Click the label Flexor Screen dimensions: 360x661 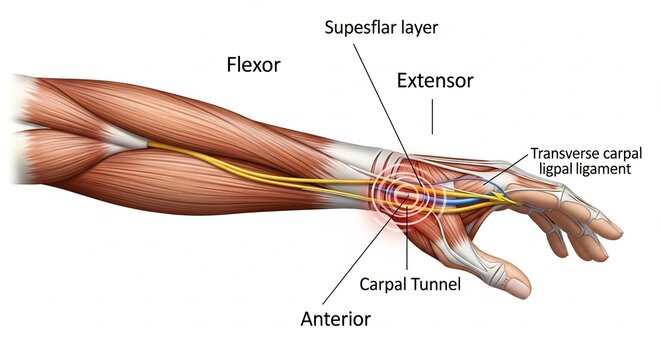[252, 66]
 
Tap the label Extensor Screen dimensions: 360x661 [434, 79]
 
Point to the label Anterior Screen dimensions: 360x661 [336, 319]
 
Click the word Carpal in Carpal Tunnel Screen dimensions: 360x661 [384, 284]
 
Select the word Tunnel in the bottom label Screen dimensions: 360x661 [436, 284]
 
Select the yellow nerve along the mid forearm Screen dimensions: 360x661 [250, 165]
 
